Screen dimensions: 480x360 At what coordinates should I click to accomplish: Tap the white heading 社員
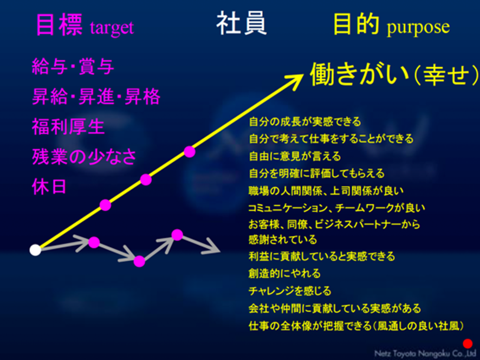tap(242, 24)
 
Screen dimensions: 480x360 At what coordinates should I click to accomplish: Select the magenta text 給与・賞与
tap(73, 67)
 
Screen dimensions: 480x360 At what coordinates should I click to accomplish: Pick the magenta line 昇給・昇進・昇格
tap(96, 97)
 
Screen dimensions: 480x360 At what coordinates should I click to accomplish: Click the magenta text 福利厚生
tap(68, 127)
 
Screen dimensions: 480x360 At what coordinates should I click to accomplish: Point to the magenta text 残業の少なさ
tap(84, 157)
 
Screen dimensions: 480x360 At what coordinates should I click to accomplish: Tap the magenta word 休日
tap(49, 187)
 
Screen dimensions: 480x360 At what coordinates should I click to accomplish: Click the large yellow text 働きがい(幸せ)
tap(394, 75)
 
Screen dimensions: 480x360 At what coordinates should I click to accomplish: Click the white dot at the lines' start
tap(36, 250)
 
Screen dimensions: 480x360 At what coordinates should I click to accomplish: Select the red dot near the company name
tap(468, 344)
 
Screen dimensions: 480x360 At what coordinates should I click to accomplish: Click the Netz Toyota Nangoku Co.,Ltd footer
tap(425, 354)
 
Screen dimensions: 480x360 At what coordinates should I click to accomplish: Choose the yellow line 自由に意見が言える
tap(295, 156)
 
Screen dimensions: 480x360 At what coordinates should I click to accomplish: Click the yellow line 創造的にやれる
tap(284, 273)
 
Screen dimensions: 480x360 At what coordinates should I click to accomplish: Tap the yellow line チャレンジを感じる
tap(290, 291)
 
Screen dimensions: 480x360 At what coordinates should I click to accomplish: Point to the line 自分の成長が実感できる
tap(305, 121)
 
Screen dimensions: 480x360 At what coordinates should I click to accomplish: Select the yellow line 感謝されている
tap(283, 239)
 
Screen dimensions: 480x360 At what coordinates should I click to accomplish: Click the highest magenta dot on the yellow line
tap(190, 152)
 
